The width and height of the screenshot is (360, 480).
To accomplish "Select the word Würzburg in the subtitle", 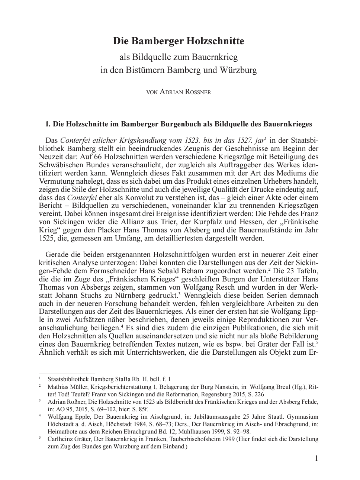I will coord(238,70).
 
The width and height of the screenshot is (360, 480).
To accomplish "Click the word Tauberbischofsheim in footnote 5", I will coord(192,439).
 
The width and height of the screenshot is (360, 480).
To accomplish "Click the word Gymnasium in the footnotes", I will coord(305,417).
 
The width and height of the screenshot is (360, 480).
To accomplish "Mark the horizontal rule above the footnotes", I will coord(67,373).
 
